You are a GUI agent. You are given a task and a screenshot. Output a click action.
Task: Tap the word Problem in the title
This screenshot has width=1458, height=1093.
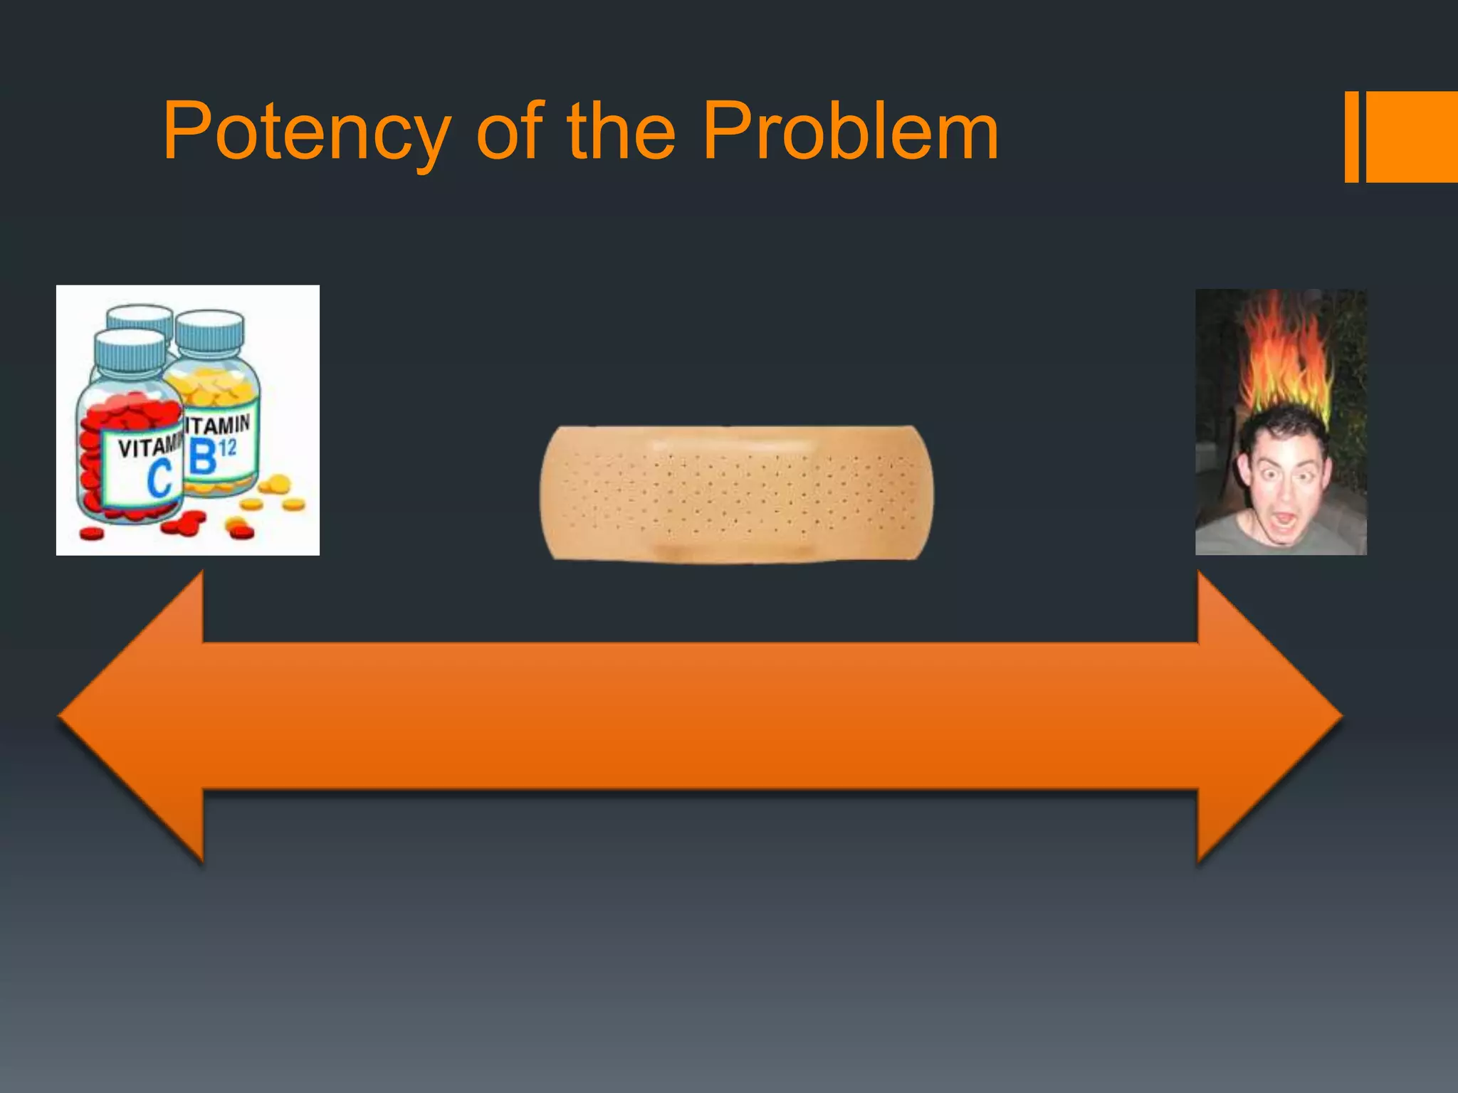[x=850, y=132]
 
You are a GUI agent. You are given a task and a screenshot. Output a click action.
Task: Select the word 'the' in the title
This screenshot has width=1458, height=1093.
[x=621, y=132]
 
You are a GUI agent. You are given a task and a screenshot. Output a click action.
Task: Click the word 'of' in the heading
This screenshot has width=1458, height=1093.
[x=510, y=132]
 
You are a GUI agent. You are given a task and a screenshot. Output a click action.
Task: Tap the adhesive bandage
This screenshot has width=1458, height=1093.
[x=736, y=494]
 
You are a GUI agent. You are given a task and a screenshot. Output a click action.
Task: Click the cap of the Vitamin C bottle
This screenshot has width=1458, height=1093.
[x=130, y=348]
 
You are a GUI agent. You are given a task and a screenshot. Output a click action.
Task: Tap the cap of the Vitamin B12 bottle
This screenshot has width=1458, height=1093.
[x=210, y=329]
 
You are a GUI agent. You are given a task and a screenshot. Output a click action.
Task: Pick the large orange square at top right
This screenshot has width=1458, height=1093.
[x=1411, y=137]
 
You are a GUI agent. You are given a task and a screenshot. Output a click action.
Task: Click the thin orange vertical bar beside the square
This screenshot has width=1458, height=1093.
[x=1351, y=137]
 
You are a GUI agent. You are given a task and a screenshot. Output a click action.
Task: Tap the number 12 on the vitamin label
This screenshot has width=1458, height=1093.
[x=227, y=448]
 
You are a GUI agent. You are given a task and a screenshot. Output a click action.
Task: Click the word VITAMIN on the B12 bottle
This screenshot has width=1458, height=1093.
[x=218, y=425]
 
